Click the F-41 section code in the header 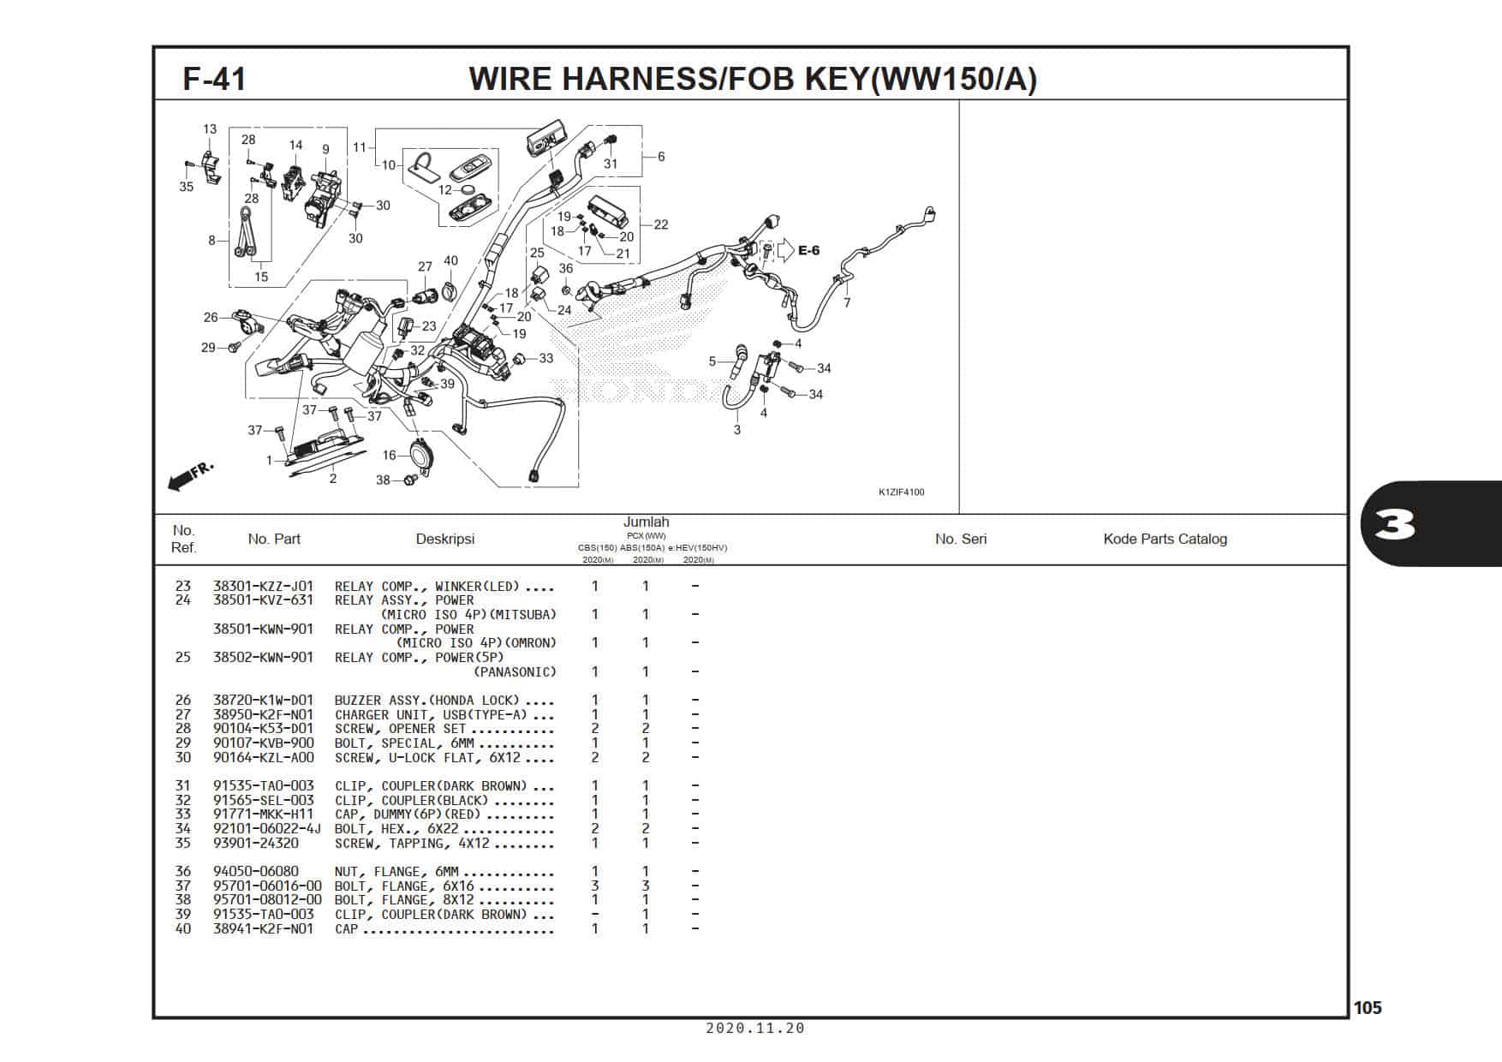coord(214,79)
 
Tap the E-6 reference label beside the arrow coord(808,250)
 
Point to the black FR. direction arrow coord(190,477)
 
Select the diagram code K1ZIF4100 coord(901,492)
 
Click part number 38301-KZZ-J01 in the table coord(264,587)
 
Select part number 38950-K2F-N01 coord(264,715)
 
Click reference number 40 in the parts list coord(183,929)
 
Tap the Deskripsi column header coord(445,539)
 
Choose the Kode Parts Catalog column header coord(1165,539)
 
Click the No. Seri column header coord(961,539)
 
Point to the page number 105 coord(1368,1008)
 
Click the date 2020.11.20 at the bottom coord(755,1029)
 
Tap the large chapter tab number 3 coord(1395,524)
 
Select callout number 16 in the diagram coord(390,456)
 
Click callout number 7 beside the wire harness coord(847,303)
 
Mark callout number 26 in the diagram coord(211,318)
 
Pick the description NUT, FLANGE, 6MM coord(396,872)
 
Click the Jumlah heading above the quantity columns coord(647,522)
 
